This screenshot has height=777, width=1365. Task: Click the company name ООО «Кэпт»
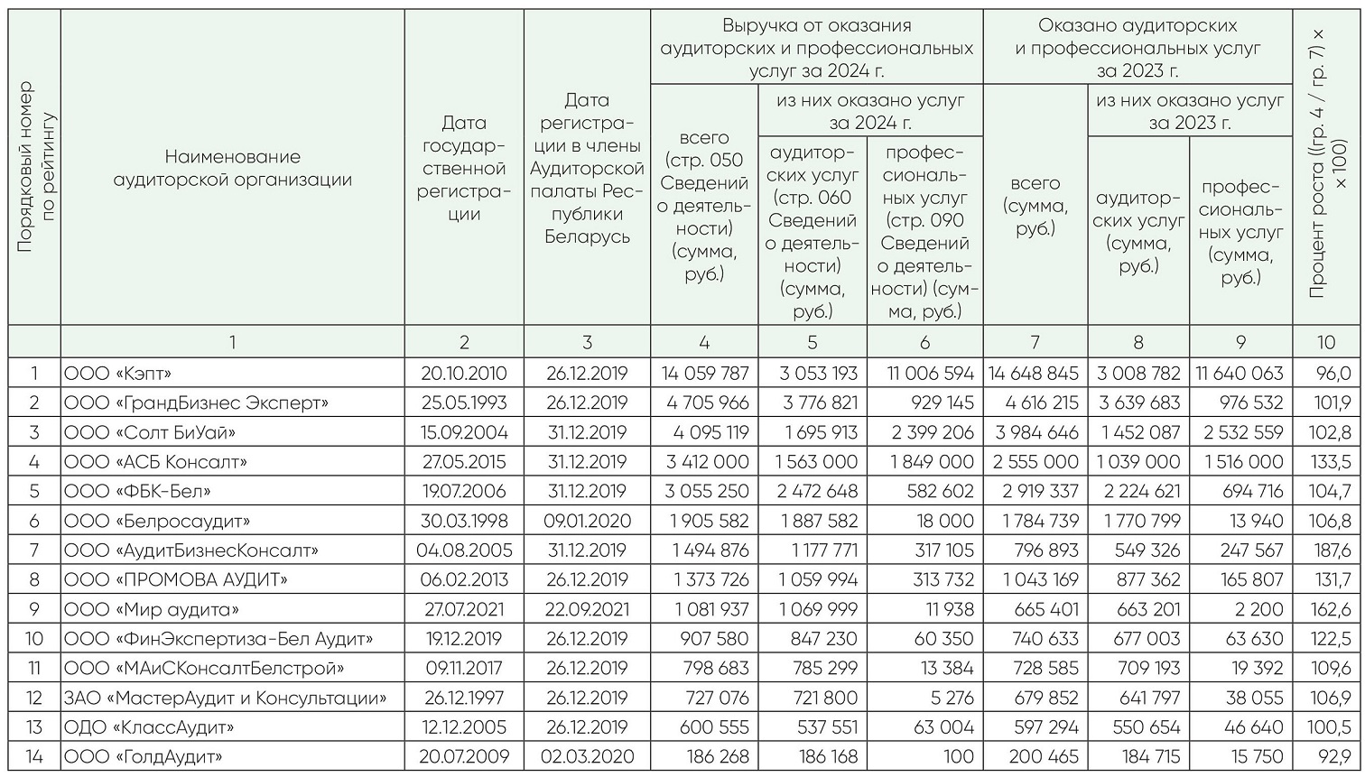[117, 374]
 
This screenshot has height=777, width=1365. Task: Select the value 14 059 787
[705, 374]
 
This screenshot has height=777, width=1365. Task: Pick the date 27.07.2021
[464, 609]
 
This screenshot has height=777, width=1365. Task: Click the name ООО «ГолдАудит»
[143, 756]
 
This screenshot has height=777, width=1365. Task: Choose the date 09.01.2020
[587, 521]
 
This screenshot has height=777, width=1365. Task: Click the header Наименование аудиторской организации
[232, 168]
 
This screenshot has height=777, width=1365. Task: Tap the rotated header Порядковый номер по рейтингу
[35, 168]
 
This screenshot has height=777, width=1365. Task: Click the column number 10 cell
[1325, 342]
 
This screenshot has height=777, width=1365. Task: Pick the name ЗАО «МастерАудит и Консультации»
[225, 698]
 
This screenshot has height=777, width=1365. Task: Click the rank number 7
[34, 550]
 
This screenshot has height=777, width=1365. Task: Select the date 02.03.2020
[587, 756]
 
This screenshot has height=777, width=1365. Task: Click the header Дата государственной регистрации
[464, 168]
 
